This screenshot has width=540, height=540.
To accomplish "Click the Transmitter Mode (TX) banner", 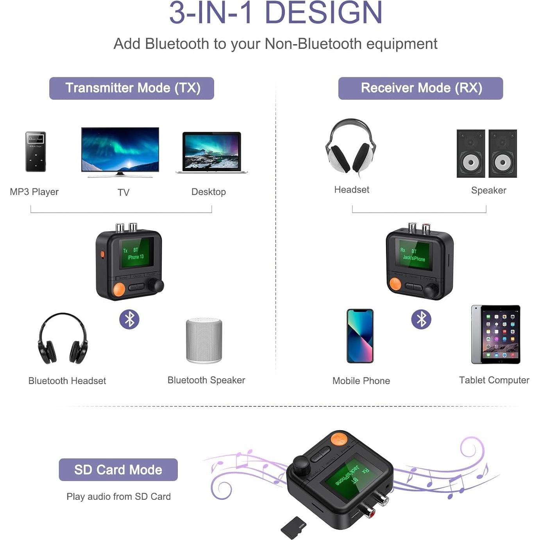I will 131,88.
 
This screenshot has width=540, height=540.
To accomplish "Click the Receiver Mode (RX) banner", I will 420,88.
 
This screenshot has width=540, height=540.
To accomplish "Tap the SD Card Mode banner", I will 118,470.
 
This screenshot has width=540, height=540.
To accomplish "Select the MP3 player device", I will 36,152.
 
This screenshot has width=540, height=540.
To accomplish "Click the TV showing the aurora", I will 120,150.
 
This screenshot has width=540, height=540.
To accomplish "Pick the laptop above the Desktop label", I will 212,152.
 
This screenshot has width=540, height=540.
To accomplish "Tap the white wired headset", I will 350,147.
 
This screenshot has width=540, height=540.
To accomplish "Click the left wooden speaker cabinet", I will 470,154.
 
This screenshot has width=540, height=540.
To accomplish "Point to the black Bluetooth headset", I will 63,338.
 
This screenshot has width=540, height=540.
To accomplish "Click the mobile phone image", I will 360,336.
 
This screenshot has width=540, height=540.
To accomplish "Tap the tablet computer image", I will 496,334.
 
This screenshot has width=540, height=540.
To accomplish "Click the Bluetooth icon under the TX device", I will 129,319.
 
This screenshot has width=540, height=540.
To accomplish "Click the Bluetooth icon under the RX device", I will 421,319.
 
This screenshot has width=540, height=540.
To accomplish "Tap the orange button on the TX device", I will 118,289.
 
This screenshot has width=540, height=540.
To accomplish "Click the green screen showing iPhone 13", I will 136,254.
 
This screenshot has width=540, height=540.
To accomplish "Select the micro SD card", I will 293,528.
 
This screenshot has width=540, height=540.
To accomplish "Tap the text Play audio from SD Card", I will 118,497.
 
